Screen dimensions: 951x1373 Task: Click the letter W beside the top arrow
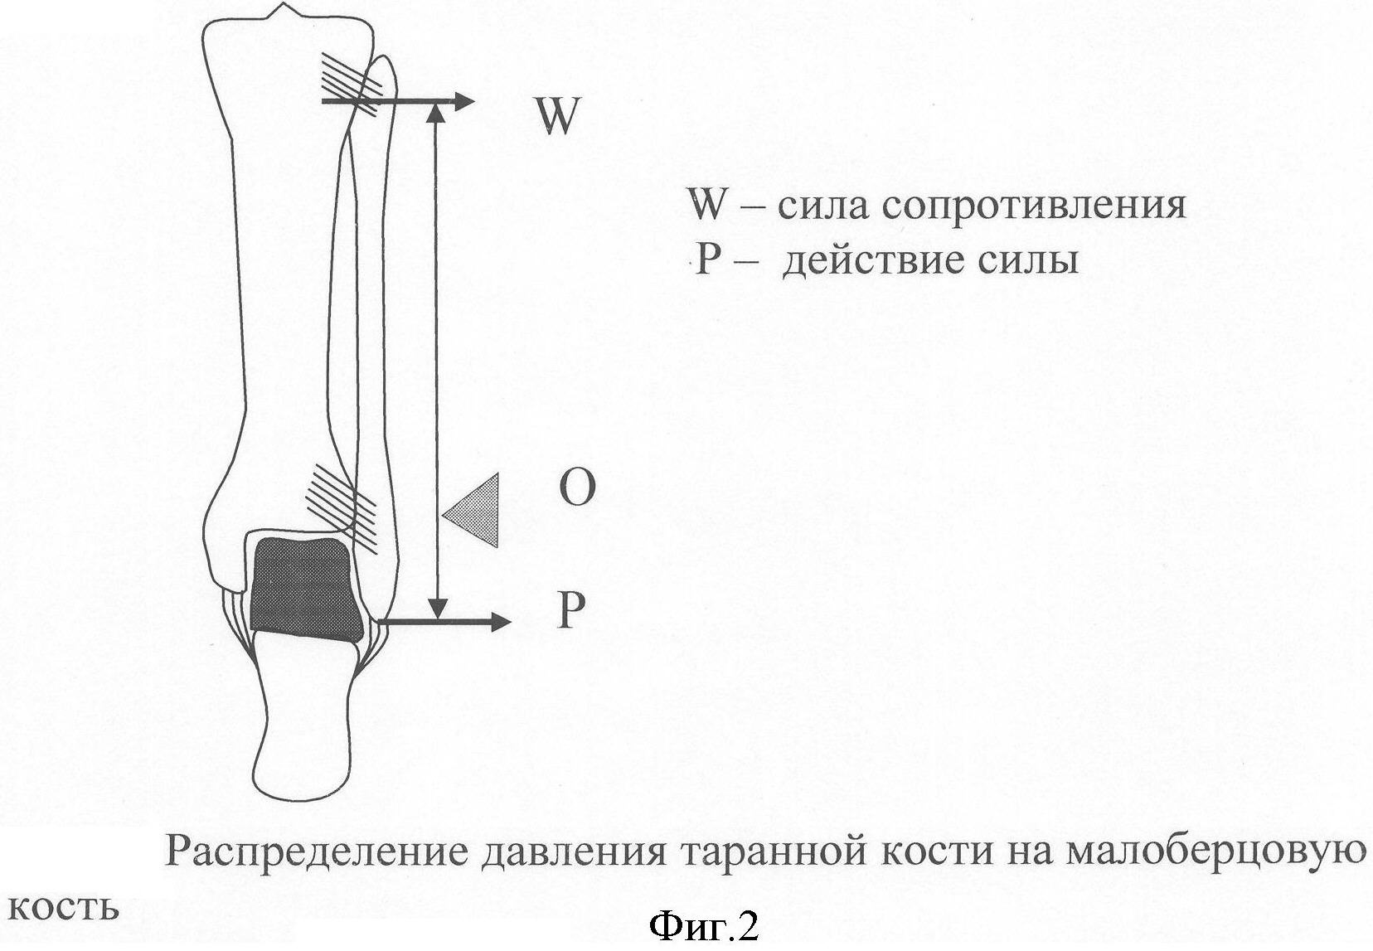tap(556, 116)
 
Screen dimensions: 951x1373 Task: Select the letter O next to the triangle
tap(577, 487)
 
